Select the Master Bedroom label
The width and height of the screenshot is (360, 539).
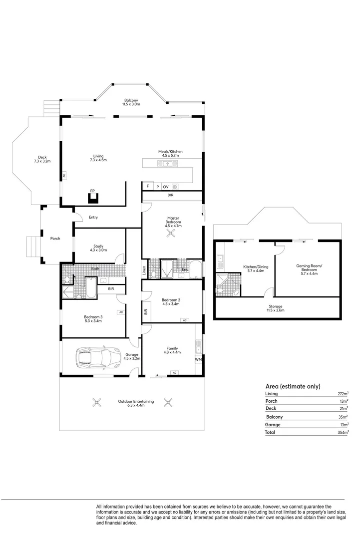pyautogui.click(x=173, y=221)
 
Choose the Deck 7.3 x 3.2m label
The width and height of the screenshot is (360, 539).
pyautogui.click(x=42, y=159)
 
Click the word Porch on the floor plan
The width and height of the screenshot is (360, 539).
pyautogui.click(x=55, y=239)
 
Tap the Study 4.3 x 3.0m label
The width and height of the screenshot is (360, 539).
pyautogui.click(x=98, y=248)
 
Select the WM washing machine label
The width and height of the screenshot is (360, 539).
pyautogui.click(x=198, y=359)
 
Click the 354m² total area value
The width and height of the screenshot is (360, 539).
pyautogui.click(x=342, y=433)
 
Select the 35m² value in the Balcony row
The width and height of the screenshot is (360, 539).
pyautogui.click(x=343, y=417)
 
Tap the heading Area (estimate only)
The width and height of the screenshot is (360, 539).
pyautogui.click(x=293, y=386)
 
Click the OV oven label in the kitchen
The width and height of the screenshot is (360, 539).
pyautogui.click(x=165, y=187)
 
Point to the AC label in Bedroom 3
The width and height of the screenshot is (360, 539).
pyautogui.click(x=120, y=312)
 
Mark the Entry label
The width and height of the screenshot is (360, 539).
pyautogui.click(x=93, y=217)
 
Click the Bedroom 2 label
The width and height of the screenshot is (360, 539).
pyautogui.click(x=171, y=301)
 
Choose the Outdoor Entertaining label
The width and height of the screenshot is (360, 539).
pyautogui.click(x=136, y=403)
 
